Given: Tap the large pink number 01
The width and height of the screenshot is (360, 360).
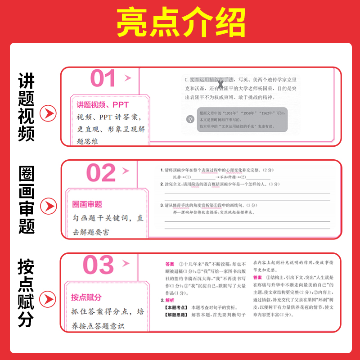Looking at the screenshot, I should click(103, 79).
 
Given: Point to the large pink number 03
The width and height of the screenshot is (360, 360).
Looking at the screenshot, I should click(99, 265).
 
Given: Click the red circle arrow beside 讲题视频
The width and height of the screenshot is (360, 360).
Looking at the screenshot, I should click(48, 114).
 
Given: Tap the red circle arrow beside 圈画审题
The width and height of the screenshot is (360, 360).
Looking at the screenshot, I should click(48, 207).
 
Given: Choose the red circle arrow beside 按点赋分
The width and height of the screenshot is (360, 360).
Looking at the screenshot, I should click(48, 299).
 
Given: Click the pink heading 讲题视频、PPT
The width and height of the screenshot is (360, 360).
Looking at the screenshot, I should click(102, 105).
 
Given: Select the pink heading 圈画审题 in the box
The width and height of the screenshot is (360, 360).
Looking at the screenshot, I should click(87, 204).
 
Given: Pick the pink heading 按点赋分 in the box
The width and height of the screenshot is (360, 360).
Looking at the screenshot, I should click(86, 297).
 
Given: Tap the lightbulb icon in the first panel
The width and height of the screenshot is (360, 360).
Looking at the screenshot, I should click(190, 119).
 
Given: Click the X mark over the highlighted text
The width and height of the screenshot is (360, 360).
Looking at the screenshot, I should click(220, 84).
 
